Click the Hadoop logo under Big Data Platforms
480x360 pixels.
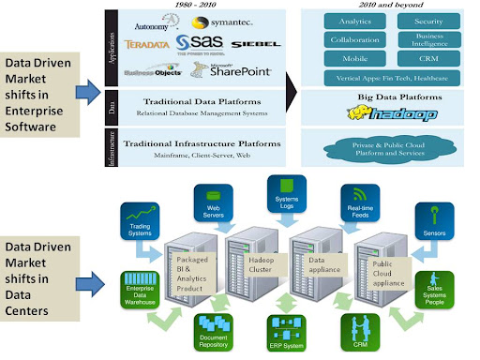[388, 114]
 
